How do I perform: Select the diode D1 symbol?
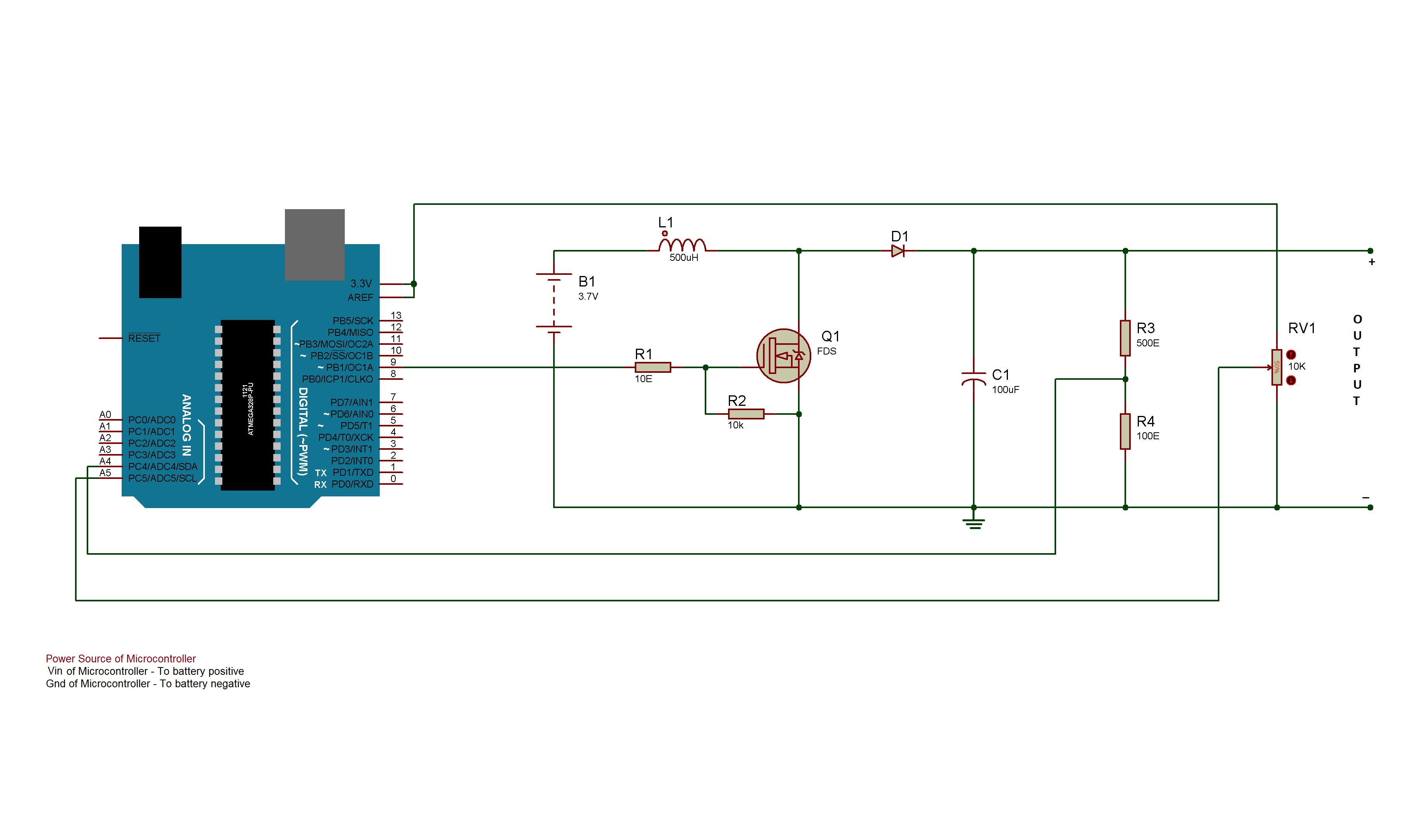tap(898, 252)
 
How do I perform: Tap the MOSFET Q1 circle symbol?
tap(783, 356)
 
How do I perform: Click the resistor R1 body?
tap(653, 368)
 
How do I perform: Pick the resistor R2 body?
tap(746, 414)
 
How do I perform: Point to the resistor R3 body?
tap(1125, 338)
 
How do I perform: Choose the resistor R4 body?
tap(1125, 431)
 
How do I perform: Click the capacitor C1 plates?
tap(974, 379)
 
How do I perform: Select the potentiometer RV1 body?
tap(1277, 368)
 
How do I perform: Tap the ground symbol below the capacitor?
tap(974, 524)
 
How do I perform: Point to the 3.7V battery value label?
tap(588, 297)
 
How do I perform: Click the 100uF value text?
tap(1006, 390)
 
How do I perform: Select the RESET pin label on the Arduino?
tap(144, 338)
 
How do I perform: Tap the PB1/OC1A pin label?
tap(349, 368)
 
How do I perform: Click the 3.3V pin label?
tap(361, 284)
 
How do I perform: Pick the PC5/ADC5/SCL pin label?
tap(162, 479)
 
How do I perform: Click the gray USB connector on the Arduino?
tap(315, 245)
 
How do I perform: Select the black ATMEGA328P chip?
tap(248, 405)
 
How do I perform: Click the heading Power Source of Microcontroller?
tap(121, 659)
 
